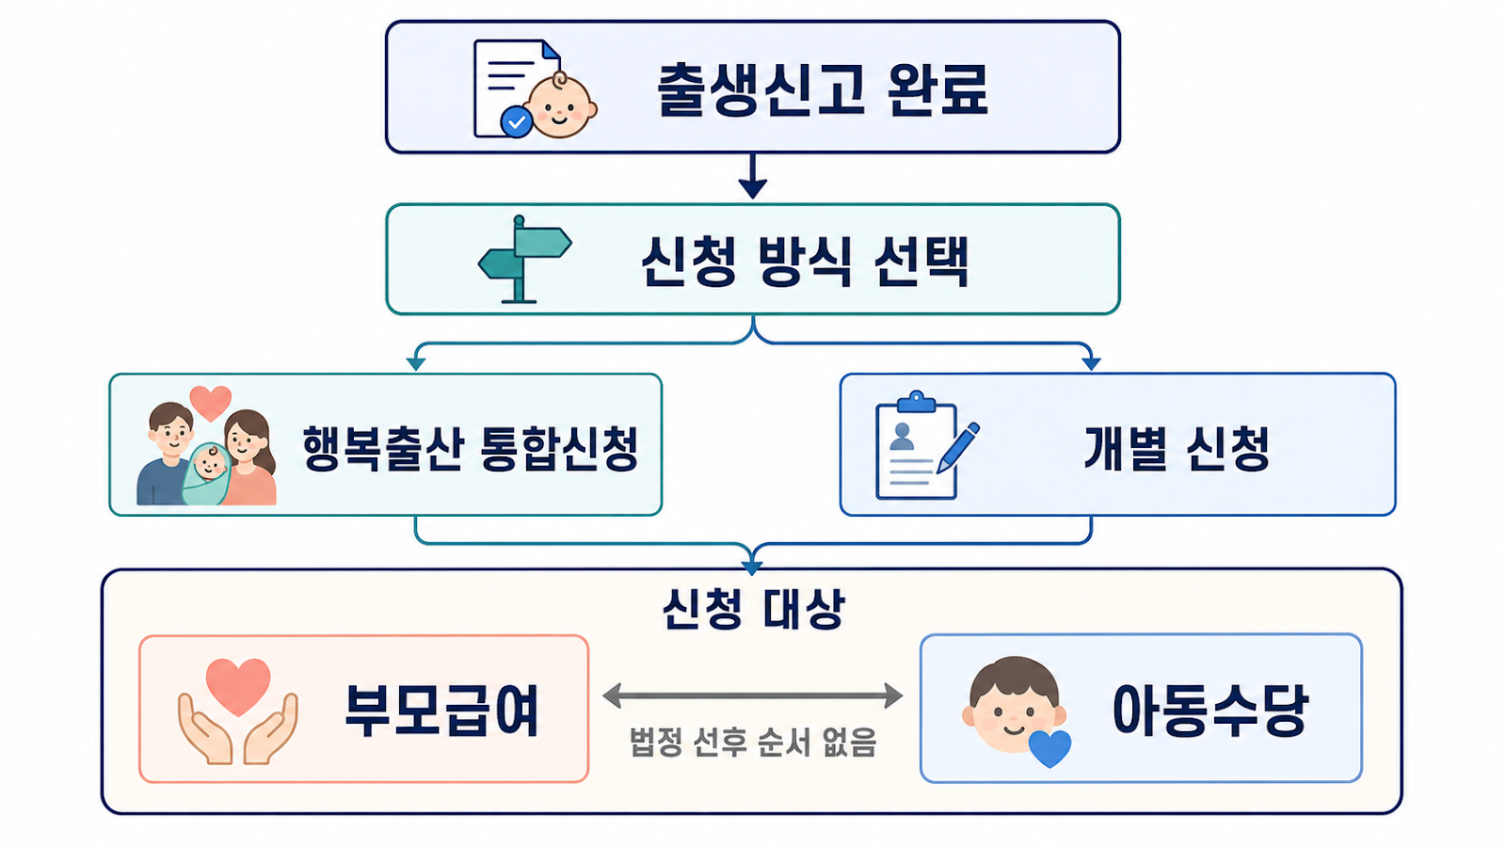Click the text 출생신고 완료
pyautogui.click(x=823, y=90)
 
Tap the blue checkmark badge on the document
pyautogui.click(x=517, y=122)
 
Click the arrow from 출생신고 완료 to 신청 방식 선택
pyautogui.click(x=752, y=176)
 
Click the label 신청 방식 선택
pyautogui.click(x=805, y=261)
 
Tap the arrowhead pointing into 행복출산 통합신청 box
pyautogui.click(x=416, y=363)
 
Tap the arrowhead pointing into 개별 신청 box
pyautogui.click(x=1091, y=363)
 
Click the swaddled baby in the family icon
pyautogui.click(x=207, y=473)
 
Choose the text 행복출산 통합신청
pyautogui.click(x=470, y=448)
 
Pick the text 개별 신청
pyautogui.click(x=1177, y=448)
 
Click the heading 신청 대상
pyautogui.click(x=753, y=609)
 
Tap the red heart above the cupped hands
pyautogui.click(x=238, y=687)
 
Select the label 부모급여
pyautogui.click(x=441, y=711)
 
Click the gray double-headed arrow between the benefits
pyautogui.click(x=752, y=695)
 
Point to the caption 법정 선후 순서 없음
pyautogui.click(x=753, y=743)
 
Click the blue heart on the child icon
pyautogui.click(x=1049, y=748)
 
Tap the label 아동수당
pyautogui.click(x=1210, y=711)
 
